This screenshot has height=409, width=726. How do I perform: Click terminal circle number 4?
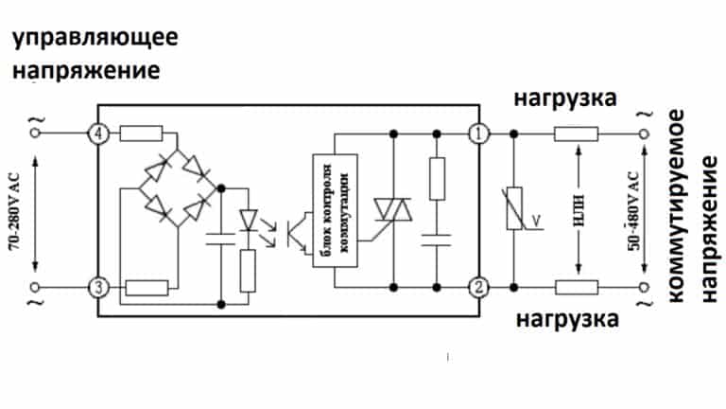click(98, 133)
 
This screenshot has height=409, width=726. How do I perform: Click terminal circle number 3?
click(98, 288)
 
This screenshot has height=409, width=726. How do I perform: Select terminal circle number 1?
click(478, 133)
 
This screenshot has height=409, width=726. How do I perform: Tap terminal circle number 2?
click(478, 288)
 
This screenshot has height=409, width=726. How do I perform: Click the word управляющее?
click(95, 38)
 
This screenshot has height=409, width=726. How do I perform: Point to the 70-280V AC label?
click(14, 211)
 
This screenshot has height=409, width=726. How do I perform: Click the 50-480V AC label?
click(634, 211)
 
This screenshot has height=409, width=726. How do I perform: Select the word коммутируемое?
click(676, 205)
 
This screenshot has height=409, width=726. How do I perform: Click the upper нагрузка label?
click(565, 98)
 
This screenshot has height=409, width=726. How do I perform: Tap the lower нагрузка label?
click(567, 319)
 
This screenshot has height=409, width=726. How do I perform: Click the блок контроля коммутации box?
click(335, 210)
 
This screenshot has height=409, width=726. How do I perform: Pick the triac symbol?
click(393, 209)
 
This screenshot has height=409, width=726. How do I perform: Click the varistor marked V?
click(514, 208)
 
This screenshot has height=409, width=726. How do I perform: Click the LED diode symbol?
click(249, 221)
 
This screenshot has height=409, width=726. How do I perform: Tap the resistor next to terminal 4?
click(141, 133)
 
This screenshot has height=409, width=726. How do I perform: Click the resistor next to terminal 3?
click(147, 288)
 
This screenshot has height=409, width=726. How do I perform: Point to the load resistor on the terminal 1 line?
click(576, 134)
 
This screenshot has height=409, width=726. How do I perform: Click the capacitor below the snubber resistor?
click(436, 240)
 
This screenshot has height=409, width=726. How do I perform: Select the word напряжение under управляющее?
click(86, 71)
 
